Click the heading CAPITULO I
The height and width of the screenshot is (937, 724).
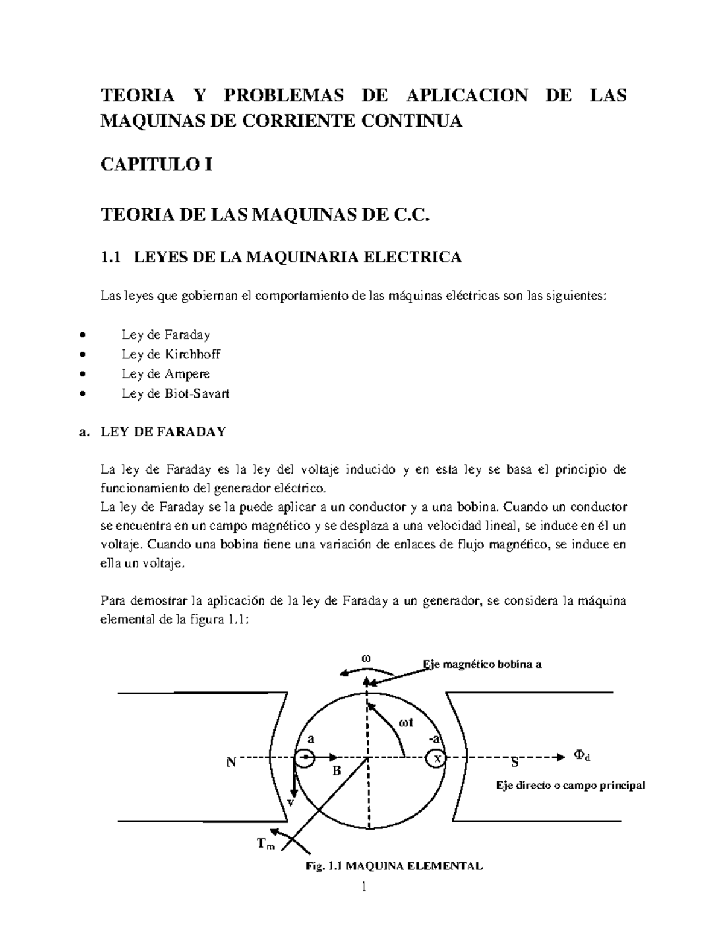[x=156, y=164]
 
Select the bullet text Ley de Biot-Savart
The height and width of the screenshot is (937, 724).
[x=175, y=394]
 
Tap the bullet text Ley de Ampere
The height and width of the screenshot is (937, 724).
[x=165, y=374]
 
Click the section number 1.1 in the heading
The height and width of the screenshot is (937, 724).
[x=110, y=258]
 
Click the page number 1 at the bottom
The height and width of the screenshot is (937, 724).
[x=363, y=887]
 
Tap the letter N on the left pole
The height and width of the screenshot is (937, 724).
[x=231, y=762]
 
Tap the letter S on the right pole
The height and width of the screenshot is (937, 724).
[x=515, y=762]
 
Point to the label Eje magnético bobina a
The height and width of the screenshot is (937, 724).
[x=482, y=664]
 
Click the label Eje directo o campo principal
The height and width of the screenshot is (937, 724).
[x=570, y=785]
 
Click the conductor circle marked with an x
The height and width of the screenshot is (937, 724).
[x=437, y=758]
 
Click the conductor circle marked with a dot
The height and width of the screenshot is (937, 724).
[x=305, y=757]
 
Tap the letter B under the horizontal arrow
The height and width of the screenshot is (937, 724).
[x=337, y=770]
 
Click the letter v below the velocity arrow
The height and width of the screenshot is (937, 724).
[x=290, y=803]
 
